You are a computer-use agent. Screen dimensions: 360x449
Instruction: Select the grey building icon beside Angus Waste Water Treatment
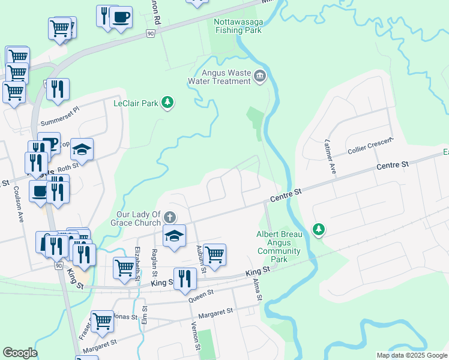[260, 76]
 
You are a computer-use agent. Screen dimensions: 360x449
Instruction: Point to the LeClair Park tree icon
[168, 103]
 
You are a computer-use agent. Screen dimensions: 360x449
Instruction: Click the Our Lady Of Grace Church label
[139, 218]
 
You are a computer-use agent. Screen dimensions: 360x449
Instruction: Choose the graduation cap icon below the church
[174, 235]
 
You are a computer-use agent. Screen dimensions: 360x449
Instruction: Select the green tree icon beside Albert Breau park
[318, 229]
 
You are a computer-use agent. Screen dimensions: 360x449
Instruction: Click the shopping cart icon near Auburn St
[214, 254]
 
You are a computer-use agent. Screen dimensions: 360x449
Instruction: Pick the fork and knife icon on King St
[185, 278]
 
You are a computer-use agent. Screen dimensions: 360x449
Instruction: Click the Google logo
[20, 353]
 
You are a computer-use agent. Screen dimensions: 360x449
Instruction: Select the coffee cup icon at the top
[121, 17]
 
